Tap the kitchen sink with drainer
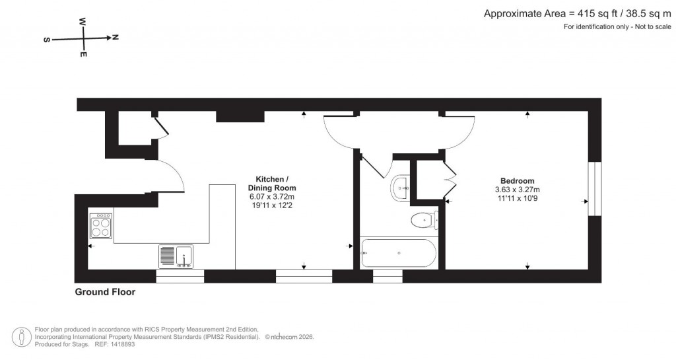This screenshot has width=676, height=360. [x=176, y=256]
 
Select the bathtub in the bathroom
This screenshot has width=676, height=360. [x=398, y=254]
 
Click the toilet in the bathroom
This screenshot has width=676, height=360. [x=422, y=220]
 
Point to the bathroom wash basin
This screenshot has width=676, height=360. [x=401, y=188]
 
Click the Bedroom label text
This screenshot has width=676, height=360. [x=517, y=181]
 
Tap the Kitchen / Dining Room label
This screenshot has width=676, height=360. [x=271, y=184]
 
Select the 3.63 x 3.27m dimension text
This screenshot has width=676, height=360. [x=517, y=189]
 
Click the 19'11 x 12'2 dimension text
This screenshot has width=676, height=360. [x=271, y=205]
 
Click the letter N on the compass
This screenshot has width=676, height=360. [x=116, y=38]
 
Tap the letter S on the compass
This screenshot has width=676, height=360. [x=47, y=40]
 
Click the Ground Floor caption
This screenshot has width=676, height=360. [x=105, y=292]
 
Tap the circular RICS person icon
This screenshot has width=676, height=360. [x=23, y=336]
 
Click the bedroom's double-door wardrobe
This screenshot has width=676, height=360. [x=448, y=180]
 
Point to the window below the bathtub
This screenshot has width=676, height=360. [x=388, y=276]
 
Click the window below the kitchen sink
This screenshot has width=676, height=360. [x=180, y=276]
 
